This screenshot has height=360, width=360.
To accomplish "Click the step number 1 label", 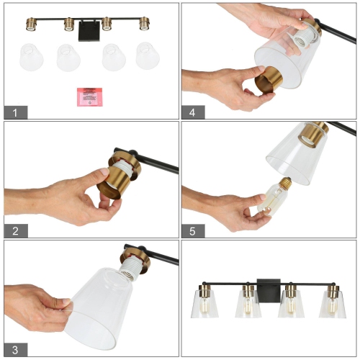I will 14,112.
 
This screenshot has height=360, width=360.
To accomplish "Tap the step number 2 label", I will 14,230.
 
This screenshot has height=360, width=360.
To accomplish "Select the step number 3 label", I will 14,349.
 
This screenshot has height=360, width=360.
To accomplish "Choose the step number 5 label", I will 193,230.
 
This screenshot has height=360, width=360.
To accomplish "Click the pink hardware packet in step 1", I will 88,96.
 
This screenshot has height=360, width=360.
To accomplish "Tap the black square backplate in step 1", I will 87,30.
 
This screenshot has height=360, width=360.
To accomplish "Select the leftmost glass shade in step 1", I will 31,56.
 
